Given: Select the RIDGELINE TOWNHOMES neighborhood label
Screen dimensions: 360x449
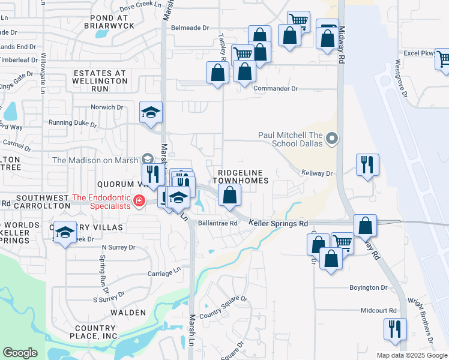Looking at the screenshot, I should point(238,176).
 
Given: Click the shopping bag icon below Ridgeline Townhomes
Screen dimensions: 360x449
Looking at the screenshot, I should point(229,195).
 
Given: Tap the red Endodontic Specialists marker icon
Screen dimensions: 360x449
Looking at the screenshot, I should point(139,200).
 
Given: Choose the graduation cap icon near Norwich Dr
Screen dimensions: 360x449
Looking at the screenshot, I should point(151,112).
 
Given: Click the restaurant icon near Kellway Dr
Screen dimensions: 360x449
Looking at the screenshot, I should point(367,164).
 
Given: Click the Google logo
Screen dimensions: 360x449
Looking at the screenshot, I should point(20,353).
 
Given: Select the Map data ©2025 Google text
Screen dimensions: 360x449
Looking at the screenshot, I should point(411,355).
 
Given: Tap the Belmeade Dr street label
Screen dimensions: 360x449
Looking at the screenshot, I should point(190,28).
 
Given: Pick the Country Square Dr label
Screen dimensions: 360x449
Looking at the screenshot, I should point(223,307).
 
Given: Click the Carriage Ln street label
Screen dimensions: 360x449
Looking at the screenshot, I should point(164,272).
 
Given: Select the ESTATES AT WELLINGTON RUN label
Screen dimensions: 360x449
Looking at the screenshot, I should point(100,80).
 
